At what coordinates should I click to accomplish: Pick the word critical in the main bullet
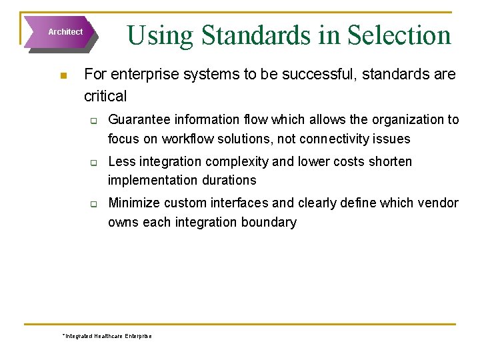pyautogui.click(x=105, y=96)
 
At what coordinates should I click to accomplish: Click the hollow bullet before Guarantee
pyautogui.click(x=95, y=121)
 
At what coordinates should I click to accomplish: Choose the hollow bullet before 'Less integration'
pyautogui.click(x=95, y=163)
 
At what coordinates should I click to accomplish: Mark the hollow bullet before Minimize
pyautogui.click(x=95, y=204)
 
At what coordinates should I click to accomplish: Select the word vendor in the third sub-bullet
pyautogui.click(x=439, y=203)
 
